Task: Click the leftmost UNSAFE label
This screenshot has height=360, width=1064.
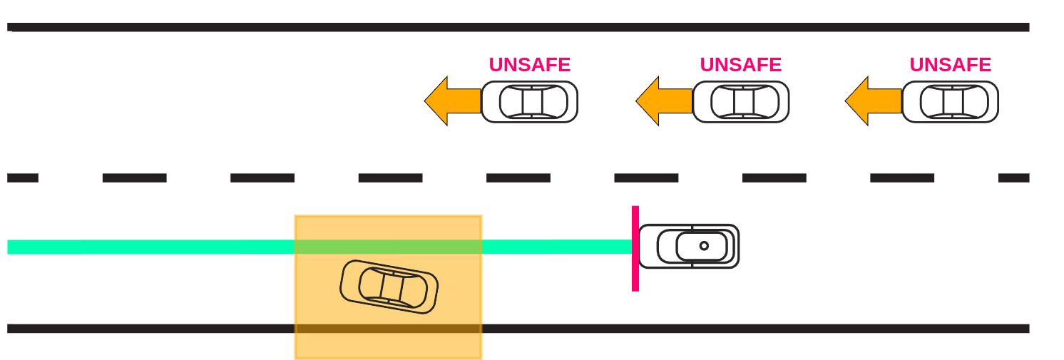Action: pyautogui.click(x=529, y=65)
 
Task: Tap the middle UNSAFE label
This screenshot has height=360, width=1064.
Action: pyautogui.click(x=740, y=65)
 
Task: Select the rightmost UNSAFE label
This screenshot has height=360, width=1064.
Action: pyautogui.click(x=950, y=65)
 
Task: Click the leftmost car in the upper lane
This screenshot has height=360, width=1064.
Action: pyautogui.click(x=529, y=102)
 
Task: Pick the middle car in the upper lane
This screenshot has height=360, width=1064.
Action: pyautogui.click(x=741, y=102)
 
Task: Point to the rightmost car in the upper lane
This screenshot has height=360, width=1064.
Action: pyautogui.click(x=950, y=102)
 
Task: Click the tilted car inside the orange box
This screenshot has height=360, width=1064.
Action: pyautogui.click(x=389, y=287)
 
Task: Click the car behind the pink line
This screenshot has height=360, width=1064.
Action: pyautogui.click(x=689, y=247)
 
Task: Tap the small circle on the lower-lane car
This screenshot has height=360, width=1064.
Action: pyautogui.click(x=704, y=246)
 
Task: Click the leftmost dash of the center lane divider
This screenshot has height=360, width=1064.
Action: pyautogui.click(x=22, y=178)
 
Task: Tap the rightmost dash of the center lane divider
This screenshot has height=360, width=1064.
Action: pyautogui.click(x=1013, y=178)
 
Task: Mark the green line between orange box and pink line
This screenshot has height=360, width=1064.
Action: pyautogui.click(x=556, y=247)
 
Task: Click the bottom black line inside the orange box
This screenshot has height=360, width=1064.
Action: pyautogui.click(x=389, y=329)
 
